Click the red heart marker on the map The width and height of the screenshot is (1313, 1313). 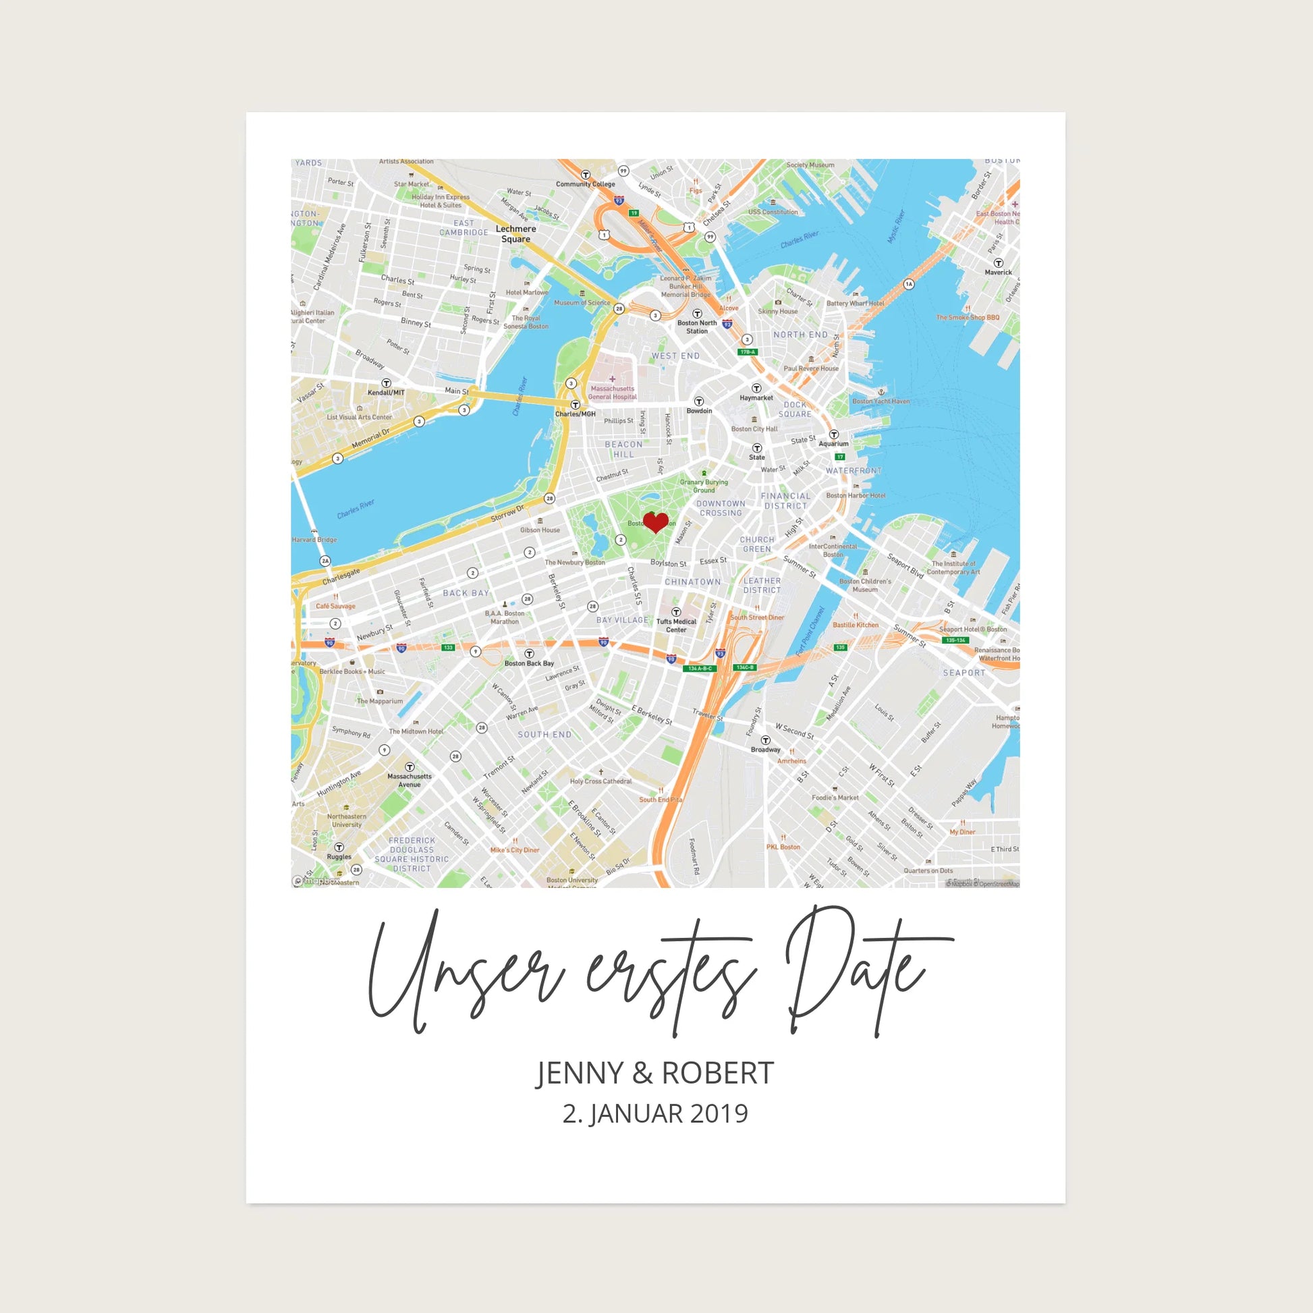[656, 522]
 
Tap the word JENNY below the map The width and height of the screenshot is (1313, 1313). [579, 1073]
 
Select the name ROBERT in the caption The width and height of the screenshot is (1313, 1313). [718, 1073]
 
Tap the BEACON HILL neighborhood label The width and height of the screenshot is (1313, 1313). [623, 449]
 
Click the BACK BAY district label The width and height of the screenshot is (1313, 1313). [466, 592]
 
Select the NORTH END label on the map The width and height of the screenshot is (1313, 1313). [801, 335]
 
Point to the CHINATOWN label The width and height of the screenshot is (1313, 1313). [692, 582]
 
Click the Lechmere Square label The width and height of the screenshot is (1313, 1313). [515, 233]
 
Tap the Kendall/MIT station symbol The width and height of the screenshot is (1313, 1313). [386, 383]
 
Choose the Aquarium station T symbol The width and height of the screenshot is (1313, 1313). [834, 435]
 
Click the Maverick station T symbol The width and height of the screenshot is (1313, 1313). [999, 263]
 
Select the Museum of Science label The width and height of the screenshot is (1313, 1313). [582, 302]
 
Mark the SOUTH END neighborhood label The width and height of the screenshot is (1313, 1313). [544, 735]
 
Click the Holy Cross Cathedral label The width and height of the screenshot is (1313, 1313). [600, 781]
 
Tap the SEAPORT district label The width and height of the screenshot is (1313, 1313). [963, 673]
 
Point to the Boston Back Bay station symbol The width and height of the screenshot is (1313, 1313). [529, 654]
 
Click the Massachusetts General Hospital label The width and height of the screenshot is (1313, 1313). [613, 392]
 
